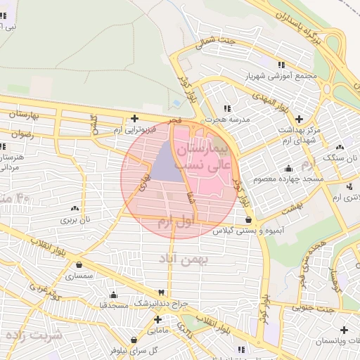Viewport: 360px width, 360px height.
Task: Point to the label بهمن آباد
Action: [185, 260]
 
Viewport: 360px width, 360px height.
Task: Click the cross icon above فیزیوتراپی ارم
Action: [135, 118]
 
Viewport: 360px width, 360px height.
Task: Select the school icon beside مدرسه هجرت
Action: [226, 108]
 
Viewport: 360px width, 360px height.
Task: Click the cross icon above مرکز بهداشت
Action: [300, 118]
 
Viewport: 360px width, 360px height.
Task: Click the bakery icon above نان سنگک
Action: [340, 147]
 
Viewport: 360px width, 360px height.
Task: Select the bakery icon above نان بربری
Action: [74, 209]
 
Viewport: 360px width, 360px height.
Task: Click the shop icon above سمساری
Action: [78, 265]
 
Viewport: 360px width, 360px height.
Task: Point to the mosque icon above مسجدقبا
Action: [112, 295]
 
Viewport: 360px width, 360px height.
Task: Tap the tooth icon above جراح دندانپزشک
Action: [162, 292]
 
